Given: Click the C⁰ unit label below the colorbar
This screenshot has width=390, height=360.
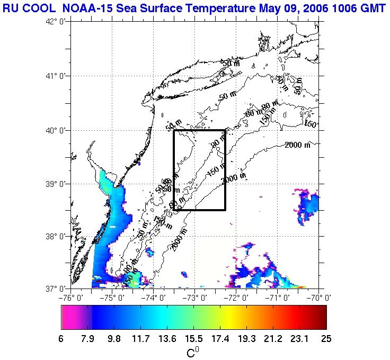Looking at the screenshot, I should (x=193, y=352).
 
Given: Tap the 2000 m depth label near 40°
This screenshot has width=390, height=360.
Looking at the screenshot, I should (x=297, y=145).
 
